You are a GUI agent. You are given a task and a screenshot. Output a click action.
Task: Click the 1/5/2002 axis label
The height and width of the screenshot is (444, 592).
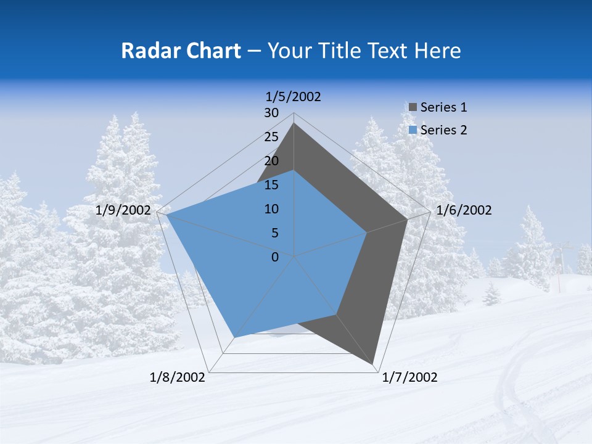[x=293, y=97]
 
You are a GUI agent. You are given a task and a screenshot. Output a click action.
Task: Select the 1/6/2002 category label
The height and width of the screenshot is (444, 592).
[x=464, y=210]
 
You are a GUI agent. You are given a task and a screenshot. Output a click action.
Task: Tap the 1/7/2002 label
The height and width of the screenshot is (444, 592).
[x=409, y=377]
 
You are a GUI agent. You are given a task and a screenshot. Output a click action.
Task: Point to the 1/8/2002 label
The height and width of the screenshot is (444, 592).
[x=178, y=377]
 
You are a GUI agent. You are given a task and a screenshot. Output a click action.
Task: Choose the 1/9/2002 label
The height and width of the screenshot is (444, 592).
[x=123, y=210]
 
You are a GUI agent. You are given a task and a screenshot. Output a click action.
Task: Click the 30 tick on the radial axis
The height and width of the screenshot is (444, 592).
[x=271, y=113]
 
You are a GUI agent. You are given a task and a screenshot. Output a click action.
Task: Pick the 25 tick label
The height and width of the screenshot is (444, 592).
[x=271, y=137]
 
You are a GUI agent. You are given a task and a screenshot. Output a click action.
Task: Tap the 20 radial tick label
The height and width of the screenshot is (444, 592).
[x=271, y=161]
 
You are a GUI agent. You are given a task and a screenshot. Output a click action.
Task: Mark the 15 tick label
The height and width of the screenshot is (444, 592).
[x=271, y=185]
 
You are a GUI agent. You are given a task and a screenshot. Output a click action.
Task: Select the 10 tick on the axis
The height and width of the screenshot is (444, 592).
[x=271, y=209]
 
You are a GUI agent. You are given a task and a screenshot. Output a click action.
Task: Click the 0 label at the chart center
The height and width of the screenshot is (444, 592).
[x=275, y=257]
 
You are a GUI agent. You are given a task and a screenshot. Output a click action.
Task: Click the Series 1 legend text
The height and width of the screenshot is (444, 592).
[x=443, y=107]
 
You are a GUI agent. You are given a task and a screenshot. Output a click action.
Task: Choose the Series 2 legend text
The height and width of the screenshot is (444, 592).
[x=443, y=130]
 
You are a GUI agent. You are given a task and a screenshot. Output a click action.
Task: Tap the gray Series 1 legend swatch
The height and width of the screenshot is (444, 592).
[x=413, y=108]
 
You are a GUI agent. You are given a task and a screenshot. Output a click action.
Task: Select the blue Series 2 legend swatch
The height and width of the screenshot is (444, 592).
[x=413, y=130]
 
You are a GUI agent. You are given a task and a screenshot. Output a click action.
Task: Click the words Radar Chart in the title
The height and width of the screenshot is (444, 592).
[x=181, y=51]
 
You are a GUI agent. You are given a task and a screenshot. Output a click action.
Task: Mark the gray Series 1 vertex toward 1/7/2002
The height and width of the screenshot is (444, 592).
[x=374, y=364]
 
